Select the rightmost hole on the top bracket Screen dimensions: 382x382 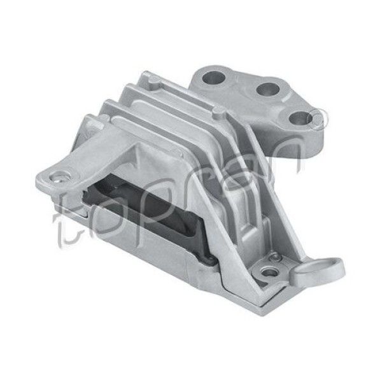[298, 118]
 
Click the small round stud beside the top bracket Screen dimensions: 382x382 [218, 112]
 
